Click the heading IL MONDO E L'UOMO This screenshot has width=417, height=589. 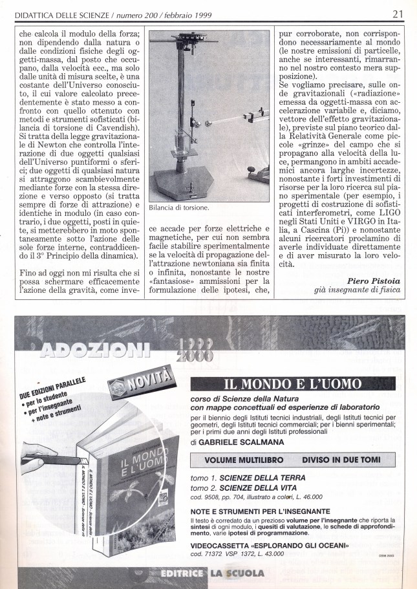[x=292, y=383]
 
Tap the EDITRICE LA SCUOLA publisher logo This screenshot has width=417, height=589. [x=213, y=573]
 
